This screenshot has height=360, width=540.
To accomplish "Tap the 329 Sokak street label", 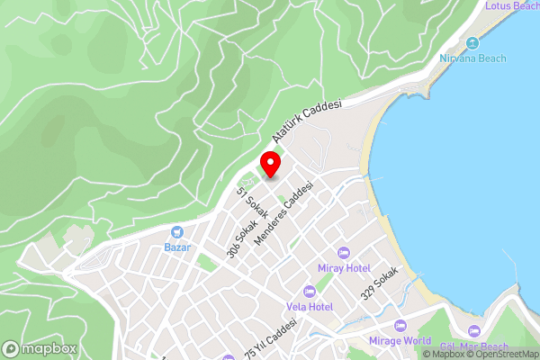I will pyautogui.click(x=379, y=282).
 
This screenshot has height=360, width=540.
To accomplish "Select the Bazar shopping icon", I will pyautogui.click(x=176, y=232).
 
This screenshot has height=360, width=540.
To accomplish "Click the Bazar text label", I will pyautogui.click(x=176, y=247).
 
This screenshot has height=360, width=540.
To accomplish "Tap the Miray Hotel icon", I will pyautogui.click(x=342, y=253).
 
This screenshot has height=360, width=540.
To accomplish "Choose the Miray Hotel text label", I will pyautogui.click(x=344, y=268).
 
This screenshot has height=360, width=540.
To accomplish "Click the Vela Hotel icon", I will pyautogui.click(x=310, y=291).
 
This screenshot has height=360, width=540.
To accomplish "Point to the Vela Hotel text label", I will pyautogui.click(x=310, y=307).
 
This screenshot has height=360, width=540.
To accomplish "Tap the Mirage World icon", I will pyautogui.click(x=400, y=326).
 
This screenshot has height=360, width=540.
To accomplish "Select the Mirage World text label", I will pyautogui.click(x=400, y=341).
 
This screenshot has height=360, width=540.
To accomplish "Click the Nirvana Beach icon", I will pyautogui.click(x=472, y=43).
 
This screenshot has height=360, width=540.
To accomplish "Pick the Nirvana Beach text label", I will pyautogui.click(x=472, y=58).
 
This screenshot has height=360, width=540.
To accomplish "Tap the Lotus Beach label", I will pyautogui.click(x=511, y=5).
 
